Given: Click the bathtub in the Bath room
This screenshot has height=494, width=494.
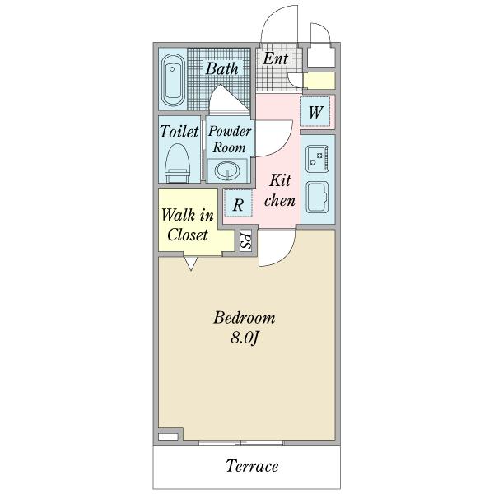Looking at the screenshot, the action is (x=173, y=80).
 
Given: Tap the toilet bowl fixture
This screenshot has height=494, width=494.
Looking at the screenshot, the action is (x=178, y=163).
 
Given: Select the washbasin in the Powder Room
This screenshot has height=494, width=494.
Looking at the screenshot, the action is (x=227, y=170).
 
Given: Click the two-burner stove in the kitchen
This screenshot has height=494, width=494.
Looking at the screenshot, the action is (x=317, y=158).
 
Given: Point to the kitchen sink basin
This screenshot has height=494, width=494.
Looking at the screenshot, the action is (x=317, y=198).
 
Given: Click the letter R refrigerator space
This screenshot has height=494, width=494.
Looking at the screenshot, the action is (x=238, y=205).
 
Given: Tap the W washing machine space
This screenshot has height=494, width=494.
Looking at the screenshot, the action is (x=315, y=112).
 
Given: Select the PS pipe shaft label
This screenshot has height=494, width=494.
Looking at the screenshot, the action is (x=245, y=241).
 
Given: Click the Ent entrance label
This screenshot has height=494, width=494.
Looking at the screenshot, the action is (x=276, y=58).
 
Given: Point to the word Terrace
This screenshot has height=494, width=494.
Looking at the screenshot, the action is (x=253, y=466).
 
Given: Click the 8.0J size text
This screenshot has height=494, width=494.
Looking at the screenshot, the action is (x=245, y=338).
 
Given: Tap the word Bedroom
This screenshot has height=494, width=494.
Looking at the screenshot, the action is (x=245, y=318).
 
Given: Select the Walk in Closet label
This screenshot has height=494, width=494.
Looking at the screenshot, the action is (x=188, y=225).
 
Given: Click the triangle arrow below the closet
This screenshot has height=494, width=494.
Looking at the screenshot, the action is (x=191, y=263).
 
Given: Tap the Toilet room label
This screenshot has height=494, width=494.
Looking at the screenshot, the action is (x=179, y=132).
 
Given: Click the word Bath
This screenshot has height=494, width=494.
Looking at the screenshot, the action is (x=222, y=68).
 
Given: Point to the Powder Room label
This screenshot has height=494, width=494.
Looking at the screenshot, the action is (x=230, y=139).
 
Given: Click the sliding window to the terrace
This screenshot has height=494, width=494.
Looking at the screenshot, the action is (x=241, y=443).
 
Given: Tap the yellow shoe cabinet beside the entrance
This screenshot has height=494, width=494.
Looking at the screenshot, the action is (x=319, y=81).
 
